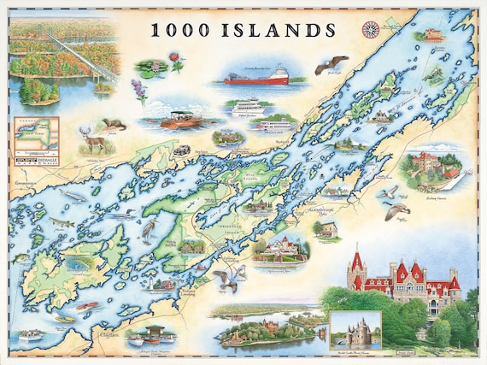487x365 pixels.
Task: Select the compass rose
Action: tap(372, 28)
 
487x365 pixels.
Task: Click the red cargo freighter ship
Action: tap(255, 78)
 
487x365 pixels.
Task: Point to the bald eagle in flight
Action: tap(332, 65)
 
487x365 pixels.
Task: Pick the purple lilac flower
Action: tap(138, 90)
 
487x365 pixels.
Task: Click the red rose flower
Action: tap(175, 61)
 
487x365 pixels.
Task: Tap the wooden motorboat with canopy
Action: tap(180, 119)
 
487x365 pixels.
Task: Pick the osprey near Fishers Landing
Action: tap(226, 278)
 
